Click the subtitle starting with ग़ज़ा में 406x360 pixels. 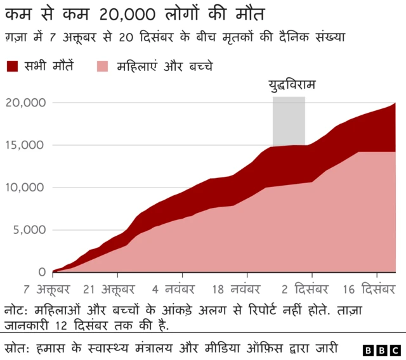coord(174,37)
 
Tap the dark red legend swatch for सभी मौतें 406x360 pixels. coord(13,66)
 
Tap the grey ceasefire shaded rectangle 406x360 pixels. coord(289,120)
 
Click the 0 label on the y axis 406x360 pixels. coord(41,272)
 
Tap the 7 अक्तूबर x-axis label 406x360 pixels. coord(48,290)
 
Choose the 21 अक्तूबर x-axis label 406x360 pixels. coord(109,290)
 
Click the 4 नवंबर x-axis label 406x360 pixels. coord(176,290)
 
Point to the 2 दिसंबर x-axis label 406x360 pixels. coord(304,290)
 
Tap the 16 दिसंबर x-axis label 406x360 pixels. coord(369,290)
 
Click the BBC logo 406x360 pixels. coord(381,349)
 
